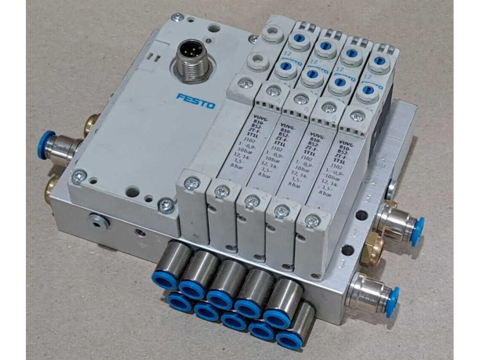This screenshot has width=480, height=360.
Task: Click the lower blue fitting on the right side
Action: pyautogui.click(x=391, y=300)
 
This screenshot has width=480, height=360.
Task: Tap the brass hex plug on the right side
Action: pyautogui.click(x=372, y=249)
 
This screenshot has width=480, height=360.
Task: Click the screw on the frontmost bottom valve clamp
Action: pyautogui.click(x=312, y=221)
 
